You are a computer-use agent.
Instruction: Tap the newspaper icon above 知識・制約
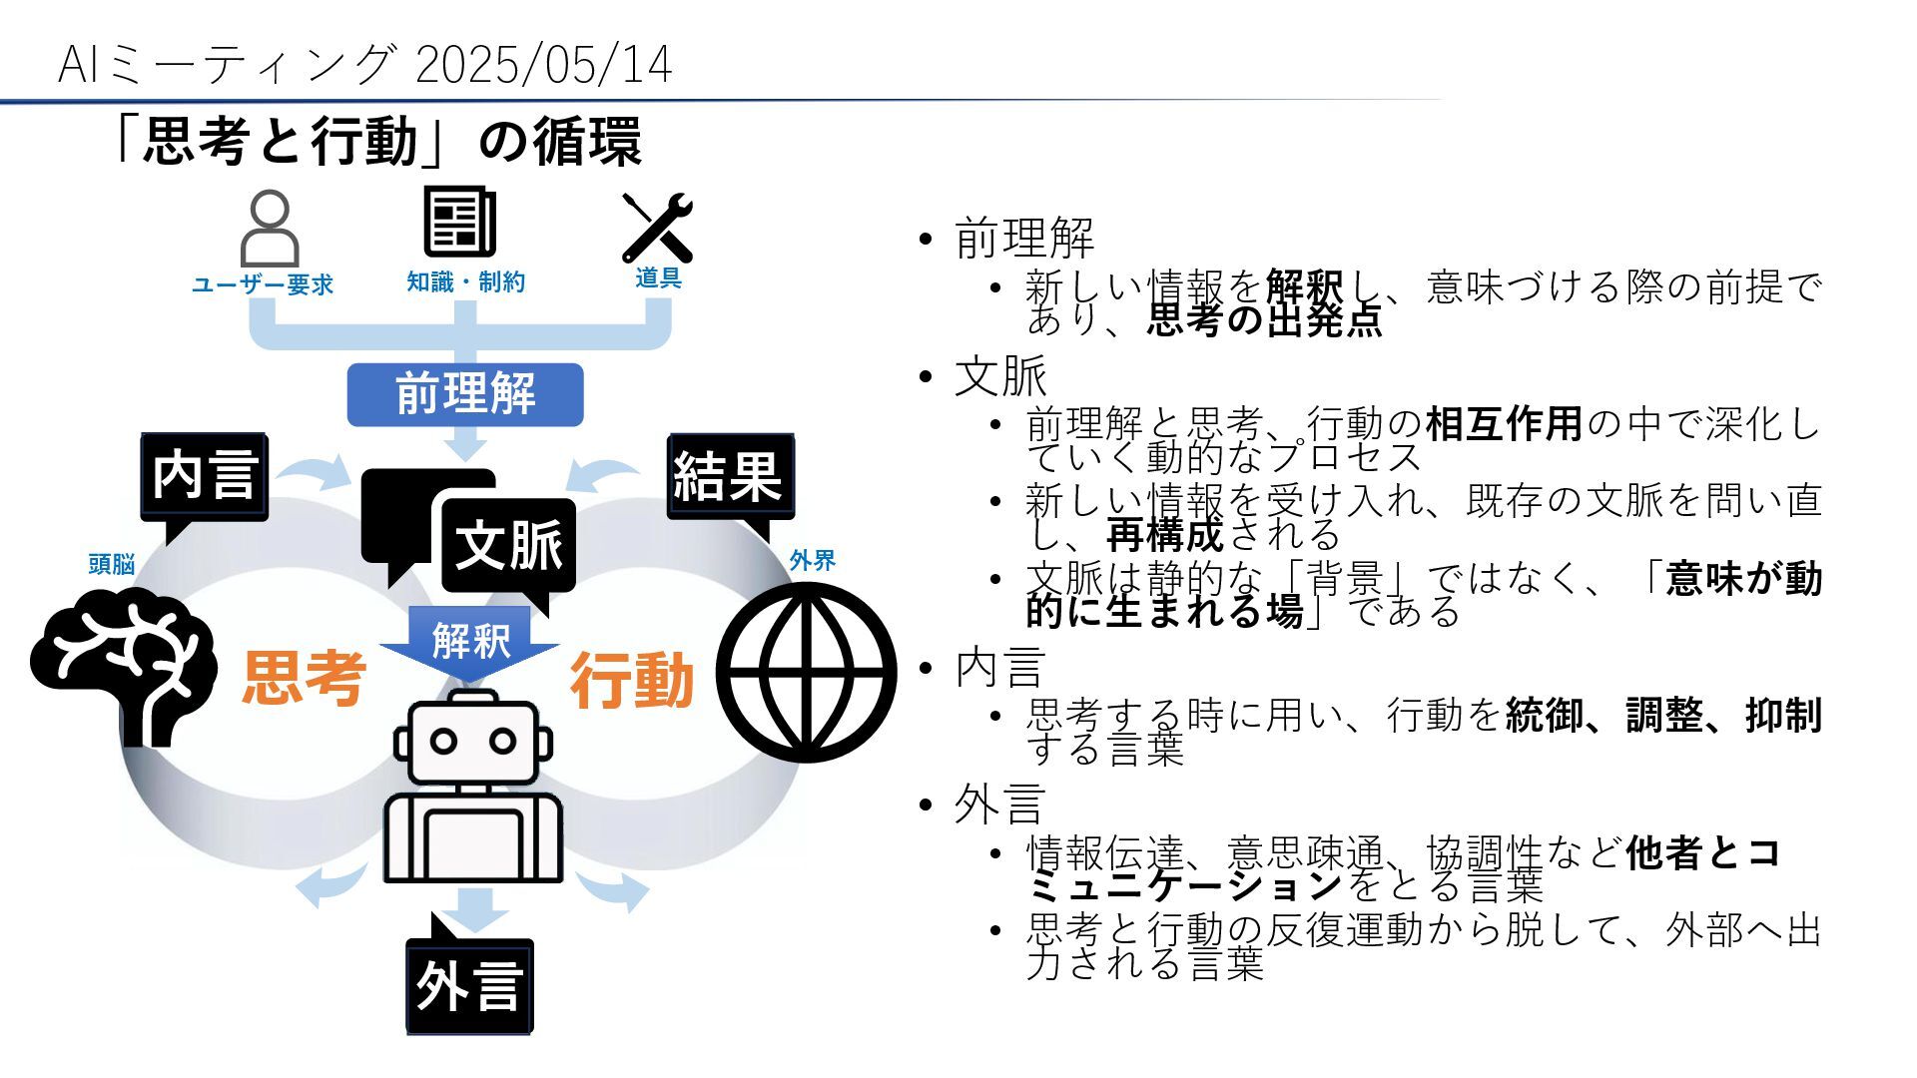point(459,222)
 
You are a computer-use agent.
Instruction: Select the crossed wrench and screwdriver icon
point(657,227)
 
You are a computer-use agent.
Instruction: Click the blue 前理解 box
point(465,394)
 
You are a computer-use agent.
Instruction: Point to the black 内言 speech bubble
point(205,476)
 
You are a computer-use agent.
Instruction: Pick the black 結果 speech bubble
point(729,476)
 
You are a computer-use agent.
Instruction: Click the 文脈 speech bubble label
point(508,545)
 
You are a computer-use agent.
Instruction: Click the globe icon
point(806,672)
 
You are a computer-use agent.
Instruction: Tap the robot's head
point(472,740)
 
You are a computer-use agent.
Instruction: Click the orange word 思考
point(304,679)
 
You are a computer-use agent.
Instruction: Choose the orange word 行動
point(632,681)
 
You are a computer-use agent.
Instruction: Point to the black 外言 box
point(469,986)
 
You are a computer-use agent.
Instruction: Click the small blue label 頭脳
point(111,565)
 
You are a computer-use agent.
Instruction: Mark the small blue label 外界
point(812,561)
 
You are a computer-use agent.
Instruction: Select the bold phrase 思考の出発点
point(1264,320)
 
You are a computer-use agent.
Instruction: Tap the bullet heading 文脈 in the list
point(1000,376)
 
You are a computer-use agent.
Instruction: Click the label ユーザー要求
point(263,285)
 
